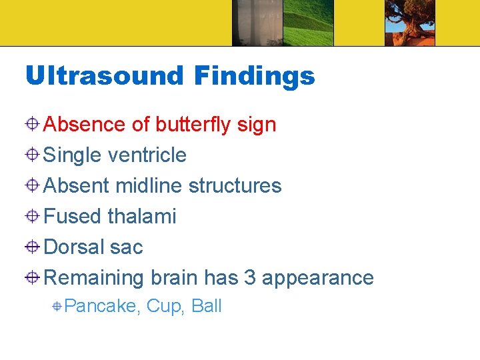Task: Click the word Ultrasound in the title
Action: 103,75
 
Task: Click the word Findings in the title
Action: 254,77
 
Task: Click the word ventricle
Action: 147,155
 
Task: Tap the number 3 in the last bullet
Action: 250,277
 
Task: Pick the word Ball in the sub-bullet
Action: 207,306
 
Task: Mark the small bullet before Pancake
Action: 58,307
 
